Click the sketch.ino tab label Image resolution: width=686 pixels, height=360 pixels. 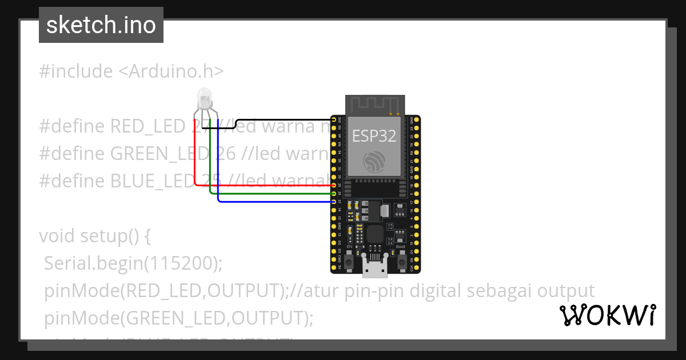(x=101, y=25)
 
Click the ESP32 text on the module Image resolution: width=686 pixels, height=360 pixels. (x=374, y=135)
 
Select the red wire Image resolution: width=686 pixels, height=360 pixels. (x=196, y=166)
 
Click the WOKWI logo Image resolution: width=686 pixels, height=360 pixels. (x=607, y=315)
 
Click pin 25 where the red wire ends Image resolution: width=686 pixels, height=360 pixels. (x=334, y=185)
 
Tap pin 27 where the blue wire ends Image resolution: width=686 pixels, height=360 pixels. (x=334, y=202)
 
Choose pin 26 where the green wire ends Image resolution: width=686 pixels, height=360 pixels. (x=334, y=194)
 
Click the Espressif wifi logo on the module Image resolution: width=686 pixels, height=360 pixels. (x=374, y=161)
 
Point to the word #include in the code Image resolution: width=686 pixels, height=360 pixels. (x=76, y=71)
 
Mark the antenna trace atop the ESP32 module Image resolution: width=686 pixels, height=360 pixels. (x=374, y=105)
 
